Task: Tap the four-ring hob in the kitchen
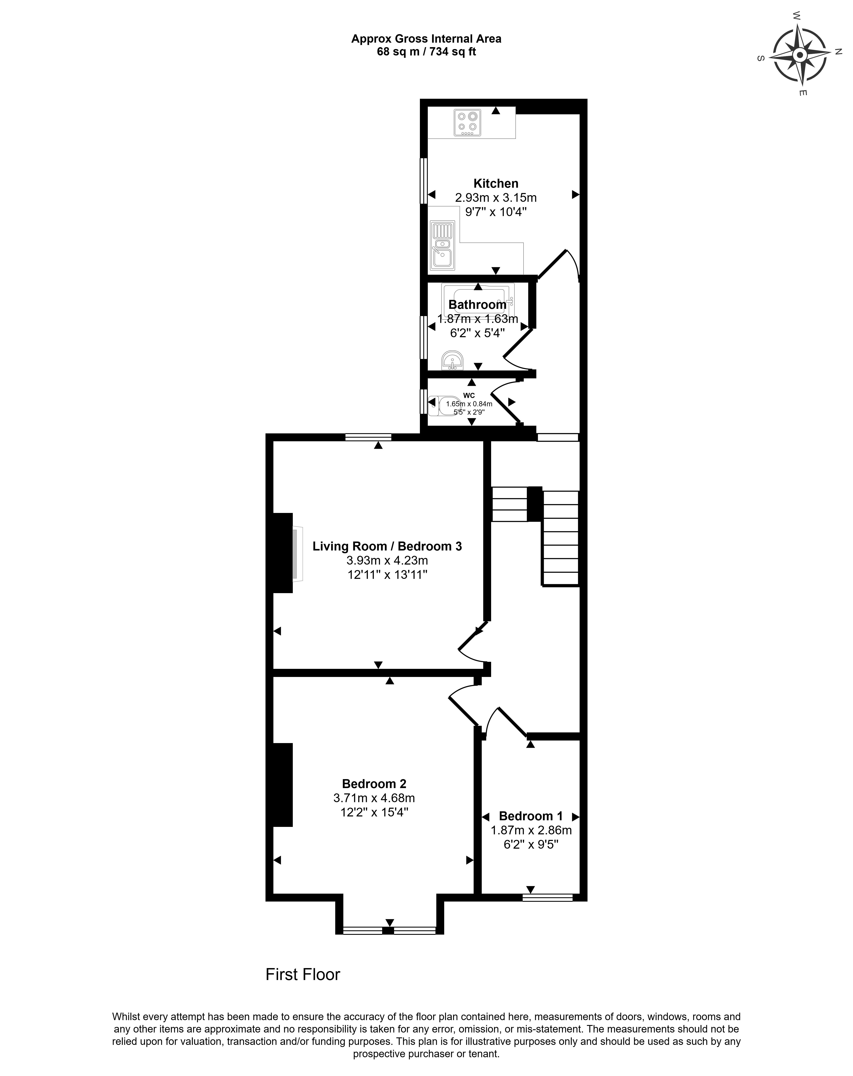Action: pyautogui.click(x=467, y=122)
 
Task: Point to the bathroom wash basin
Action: pyautogui.click(x=452, y=360)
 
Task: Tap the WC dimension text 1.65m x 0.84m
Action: pyautogui.click(x=469, y=404)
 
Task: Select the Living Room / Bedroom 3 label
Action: pyautogui.click(x=387, y=546)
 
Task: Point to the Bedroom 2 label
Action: pyautogui.click(x=374, y=784)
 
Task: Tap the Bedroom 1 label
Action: pyautogui.click(x=531, y=816)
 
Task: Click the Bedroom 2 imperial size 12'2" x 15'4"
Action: pyautogui.click(x=374, y=812)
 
